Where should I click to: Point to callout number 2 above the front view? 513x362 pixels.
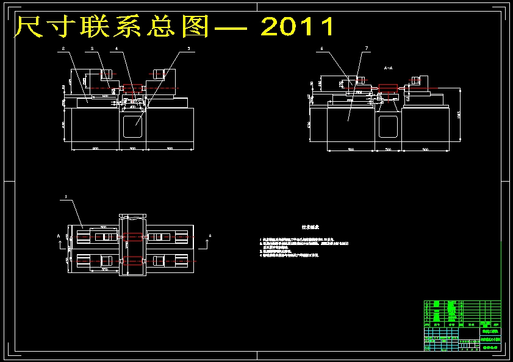coord(62,48)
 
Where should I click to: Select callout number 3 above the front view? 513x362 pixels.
coord(91,48)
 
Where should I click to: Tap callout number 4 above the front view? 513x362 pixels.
coord(117,48)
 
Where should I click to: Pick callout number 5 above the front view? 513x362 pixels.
coord(188,48)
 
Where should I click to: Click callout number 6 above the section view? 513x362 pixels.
coord(321,48)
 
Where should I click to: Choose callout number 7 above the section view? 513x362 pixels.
coord(366,48)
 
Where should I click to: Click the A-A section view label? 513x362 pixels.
coord(388,68)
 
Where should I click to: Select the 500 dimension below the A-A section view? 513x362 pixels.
coord(387,149)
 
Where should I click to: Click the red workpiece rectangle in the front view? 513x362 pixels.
coord(132,88)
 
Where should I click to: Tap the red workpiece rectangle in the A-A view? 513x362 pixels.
coord(387,88)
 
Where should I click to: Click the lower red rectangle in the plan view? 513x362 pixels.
coord(133,260)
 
